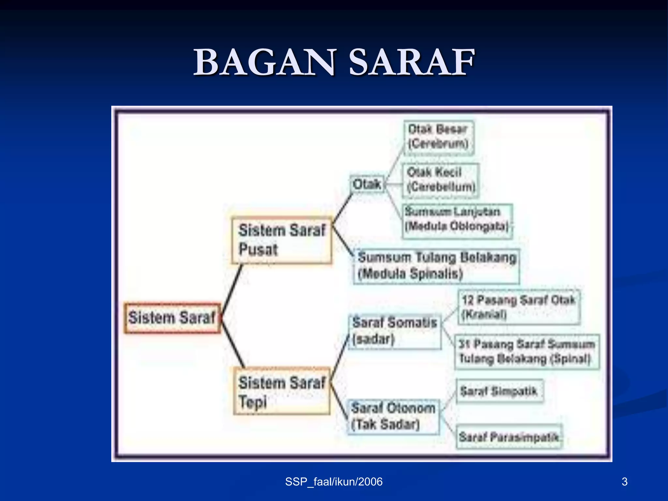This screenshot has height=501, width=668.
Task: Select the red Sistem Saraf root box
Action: click(x=172, y=318)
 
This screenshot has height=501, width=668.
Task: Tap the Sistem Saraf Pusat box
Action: click(x=282, y=240)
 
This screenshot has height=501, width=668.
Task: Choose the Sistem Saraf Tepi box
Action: click(x=282, y=391)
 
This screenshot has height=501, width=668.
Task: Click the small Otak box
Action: click(x=367, y=184)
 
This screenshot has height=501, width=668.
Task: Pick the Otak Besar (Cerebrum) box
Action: click(x=439, y=137)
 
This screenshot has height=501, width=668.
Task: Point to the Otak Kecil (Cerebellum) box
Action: click(x=441, y=180)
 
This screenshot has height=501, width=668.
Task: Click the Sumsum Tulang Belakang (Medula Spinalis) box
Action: click(x=436, y=266)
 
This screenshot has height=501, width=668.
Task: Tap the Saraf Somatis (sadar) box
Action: click(x=395, y=331)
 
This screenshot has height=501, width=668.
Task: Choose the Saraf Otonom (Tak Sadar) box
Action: click(x=393, y=417)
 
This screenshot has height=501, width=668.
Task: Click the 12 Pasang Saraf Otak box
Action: click(x=519, y=307)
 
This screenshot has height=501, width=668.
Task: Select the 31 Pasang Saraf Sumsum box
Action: click(x=526, y=352)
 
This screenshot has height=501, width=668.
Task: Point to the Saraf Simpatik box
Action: click(x=499, y=391)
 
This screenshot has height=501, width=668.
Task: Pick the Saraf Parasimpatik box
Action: click(x=509, y=436)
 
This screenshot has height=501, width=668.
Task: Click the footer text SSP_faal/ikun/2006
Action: click(x=334, y=482)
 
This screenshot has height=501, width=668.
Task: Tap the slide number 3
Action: click(x=624, y=482)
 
